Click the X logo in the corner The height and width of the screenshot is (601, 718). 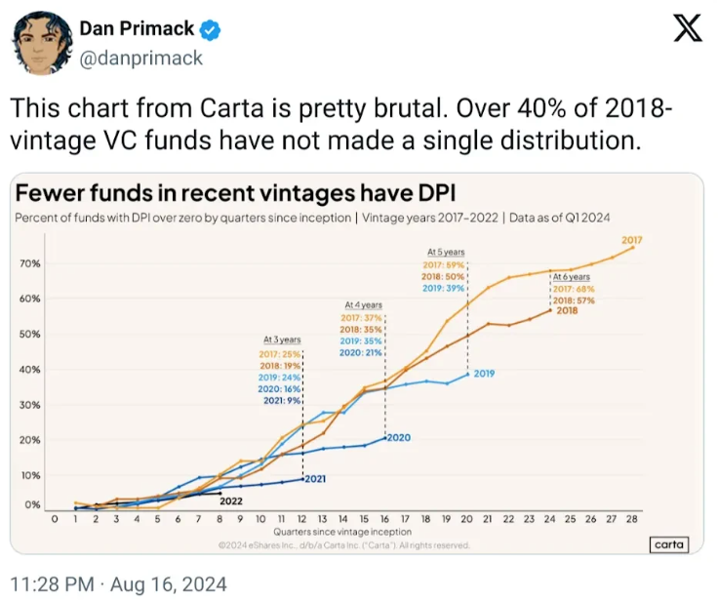point(688,31)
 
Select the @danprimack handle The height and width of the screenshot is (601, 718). point(140,58)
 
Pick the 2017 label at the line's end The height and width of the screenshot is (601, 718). point(631,239)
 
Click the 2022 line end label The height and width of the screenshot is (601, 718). point(231,501)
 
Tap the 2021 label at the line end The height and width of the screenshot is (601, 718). point(315,479)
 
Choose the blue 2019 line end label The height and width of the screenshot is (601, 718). point(484,373)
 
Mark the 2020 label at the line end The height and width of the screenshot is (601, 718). point(398,438)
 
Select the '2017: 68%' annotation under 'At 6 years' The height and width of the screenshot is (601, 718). point(573,289)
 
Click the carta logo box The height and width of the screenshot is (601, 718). point(668,545)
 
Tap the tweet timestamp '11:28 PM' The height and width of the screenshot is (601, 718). point(52,584)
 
